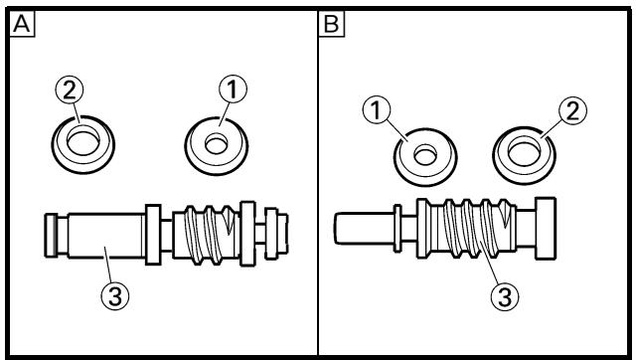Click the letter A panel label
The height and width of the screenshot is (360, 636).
pyautogui.click(x=22, y=24)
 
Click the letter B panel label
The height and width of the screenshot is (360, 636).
pyautogui.click(x=331, y=24)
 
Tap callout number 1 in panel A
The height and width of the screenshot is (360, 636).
pyautogui.click(x=233, y=89)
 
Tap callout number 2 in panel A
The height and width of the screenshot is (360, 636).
pyautogui.click(x=70, y=90)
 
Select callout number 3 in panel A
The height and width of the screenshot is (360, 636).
pyautogui.click(x=115, y=296)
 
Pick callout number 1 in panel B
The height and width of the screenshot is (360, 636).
pyautogui.click(x=377, y=109)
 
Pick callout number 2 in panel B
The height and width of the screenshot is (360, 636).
pyautogui.click(x=572, y=110)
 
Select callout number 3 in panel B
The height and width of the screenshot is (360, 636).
pyautogui.click(x=505, y=296)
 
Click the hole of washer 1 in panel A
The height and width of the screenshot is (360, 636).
pyautogui.click(x=217, y=145)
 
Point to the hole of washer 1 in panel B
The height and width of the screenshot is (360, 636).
pyautogui.click(x=425, y=156)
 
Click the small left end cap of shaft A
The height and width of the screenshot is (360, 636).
pyautogui.click(x=51, y=236)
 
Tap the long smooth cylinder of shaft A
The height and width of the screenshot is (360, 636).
pyautogui.click(x=106, y=236)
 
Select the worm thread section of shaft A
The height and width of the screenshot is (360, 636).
pyautogui.click(x=206, y=235)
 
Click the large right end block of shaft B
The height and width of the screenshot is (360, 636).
pyautogui.click(x=546, y=228)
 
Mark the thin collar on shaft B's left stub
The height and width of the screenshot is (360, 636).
pyautogui.click(x=397, y=228)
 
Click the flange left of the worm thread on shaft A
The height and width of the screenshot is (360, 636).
pyautogui.click(x=153, y=235)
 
